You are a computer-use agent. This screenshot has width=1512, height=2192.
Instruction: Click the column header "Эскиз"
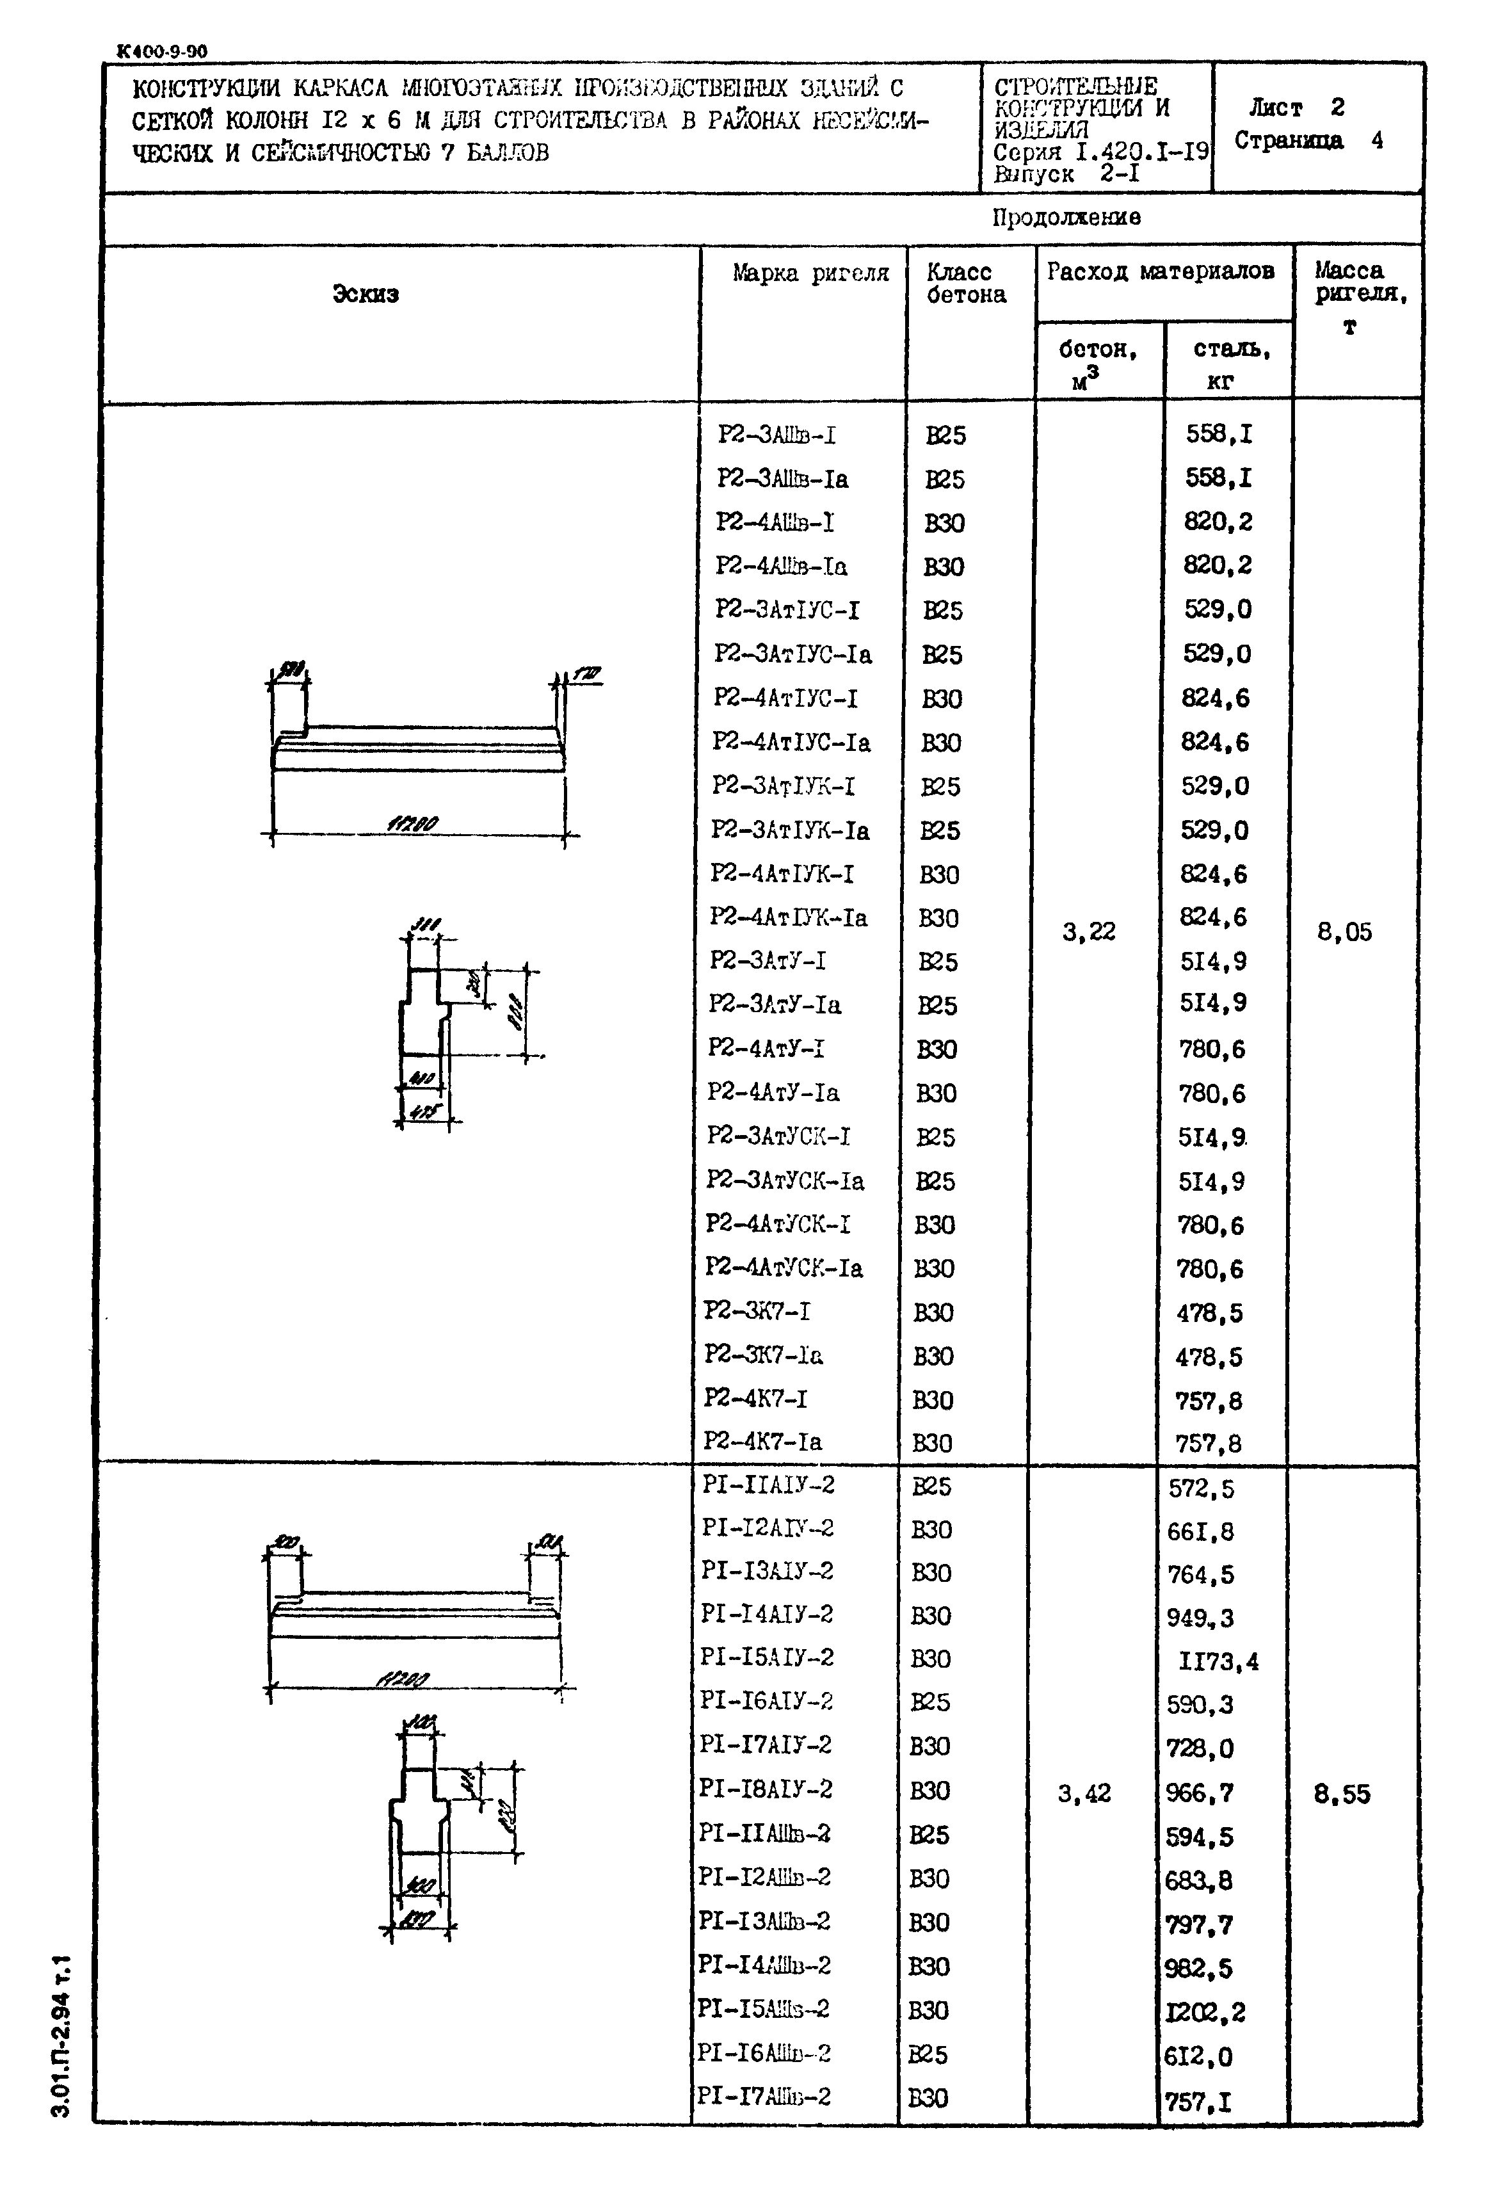365,294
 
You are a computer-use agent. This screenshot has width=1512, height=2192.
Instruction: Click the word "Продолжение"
1066,218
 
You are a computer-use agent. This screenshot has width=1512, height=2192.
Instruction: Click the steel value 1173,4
1218,1661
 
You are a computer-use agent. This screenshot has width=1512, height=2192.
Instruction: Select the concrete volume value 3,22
1088,932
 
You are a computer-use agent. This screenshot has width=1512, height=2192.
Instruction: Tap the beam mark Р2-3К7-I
757,1312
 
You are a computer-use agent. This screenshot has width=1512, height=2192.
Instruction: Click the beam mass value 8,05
1344,932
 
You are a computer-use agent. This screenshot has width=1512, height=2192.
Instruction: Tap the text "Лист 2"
1295,107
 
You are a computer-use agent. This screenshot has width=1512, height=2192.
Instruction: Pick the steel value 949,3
1200,1618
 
